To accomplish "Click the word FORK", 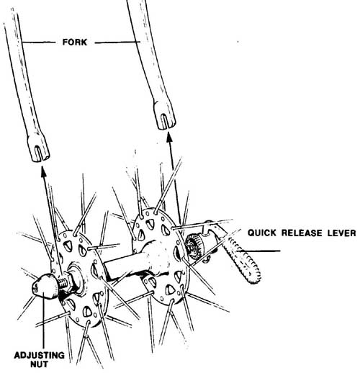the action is click(74, 42).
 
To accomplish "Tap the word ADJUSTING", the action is click(39, 355).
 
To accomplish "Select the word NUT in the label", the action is click(39, 364).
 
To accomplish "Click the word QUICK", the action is click(262, 233).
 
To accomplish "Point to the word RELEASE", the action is click(302, 233).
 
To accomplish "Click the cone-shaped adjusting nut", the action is click(45, 287).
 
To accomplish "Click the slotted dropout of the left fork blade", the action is click(39, 149).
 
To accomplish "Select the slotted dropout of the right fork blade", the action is click(165, 116).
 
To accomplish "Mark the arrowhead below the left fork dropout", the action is click(43, 172).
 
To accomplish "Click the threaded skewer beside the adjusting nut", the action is click(63, 282).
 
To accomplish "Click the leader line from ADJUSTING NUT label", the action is click(43, 323).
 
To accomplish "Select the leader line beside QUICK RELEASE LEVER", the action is click(258, 251).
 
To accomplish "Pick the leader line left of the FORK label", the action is click(38, 42).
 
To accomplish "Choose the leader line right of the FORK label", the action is click(117, 42).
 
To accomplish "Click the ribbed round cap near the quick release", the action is click(194, 247).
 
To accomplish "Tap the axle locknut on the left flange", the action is click(75, 279).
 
